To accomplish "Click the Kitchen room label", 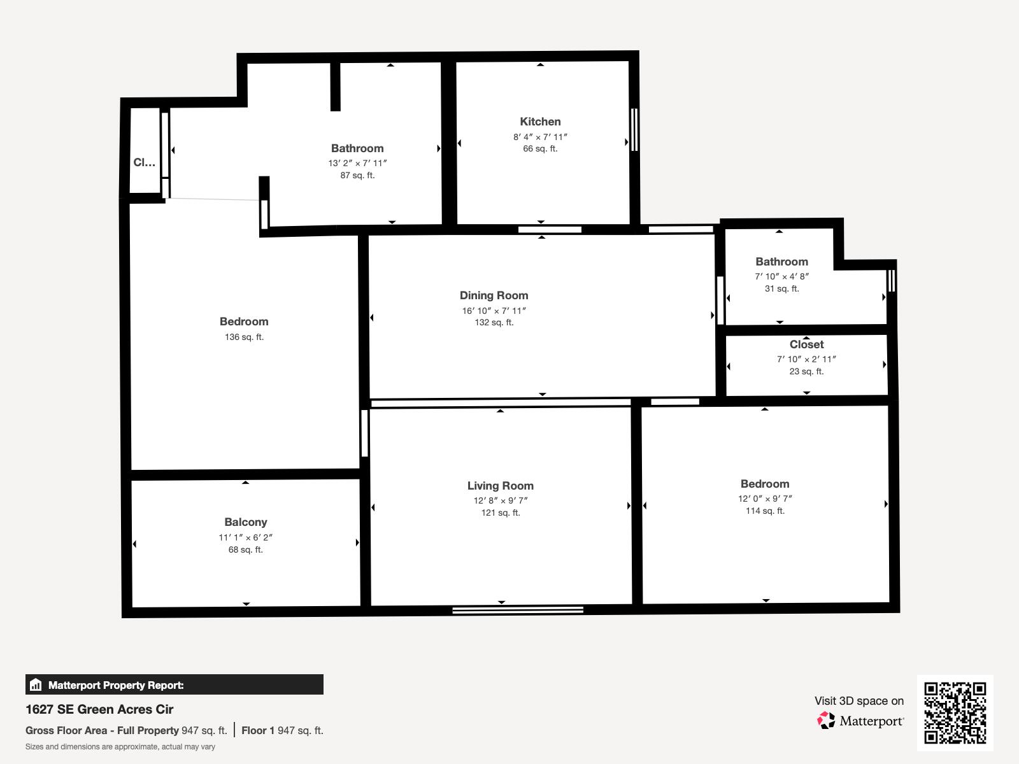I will point(540,122).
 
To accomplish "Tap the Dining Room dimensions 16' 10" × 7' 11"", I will point(494,311).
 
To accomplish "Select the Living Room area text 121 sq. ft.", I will point(501,513).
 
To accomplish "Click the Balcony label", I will point(245,522).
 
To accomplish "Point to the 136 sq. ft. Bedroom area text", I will point(244,337).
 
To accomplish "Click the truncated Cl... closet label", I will point(144,162).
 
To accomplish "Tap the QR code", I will point(955,712).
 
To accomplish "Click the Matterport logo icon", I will point(826,721).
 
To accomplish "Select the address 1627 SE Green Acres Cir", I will point(99,709).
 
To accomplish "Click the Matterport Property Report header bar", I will point(174,685).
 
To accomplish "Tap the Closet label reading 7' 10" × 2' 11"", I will point(806,359).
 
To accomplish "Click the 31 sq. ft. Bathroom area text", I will point(781,288).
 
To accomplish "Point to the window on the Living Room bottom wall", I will point(518,610).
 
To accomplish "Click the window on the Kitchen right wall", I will point(634,129).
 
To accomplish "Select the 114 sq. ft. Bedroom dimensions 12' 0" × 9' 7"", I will point(765,499).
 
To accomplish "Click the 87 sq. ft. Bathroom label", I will point(357,148).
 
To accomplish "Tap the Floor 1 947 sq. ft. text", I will point(282,730).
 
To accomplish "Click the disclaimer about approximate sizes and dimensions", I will point(120,747).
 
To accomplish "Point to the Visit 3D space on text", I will point(859,701).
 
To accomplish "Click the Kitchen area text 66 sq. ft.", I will point(540,148).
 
